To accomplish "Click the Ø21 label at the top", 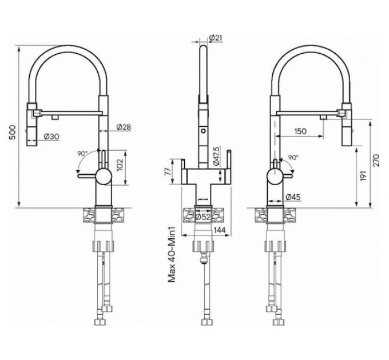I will point(216,38).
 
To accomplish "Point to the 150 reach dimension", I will point(299,131).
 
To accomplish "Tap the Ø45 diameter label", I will point(295,198).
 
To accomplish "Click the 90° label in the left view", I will point(84,153).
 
